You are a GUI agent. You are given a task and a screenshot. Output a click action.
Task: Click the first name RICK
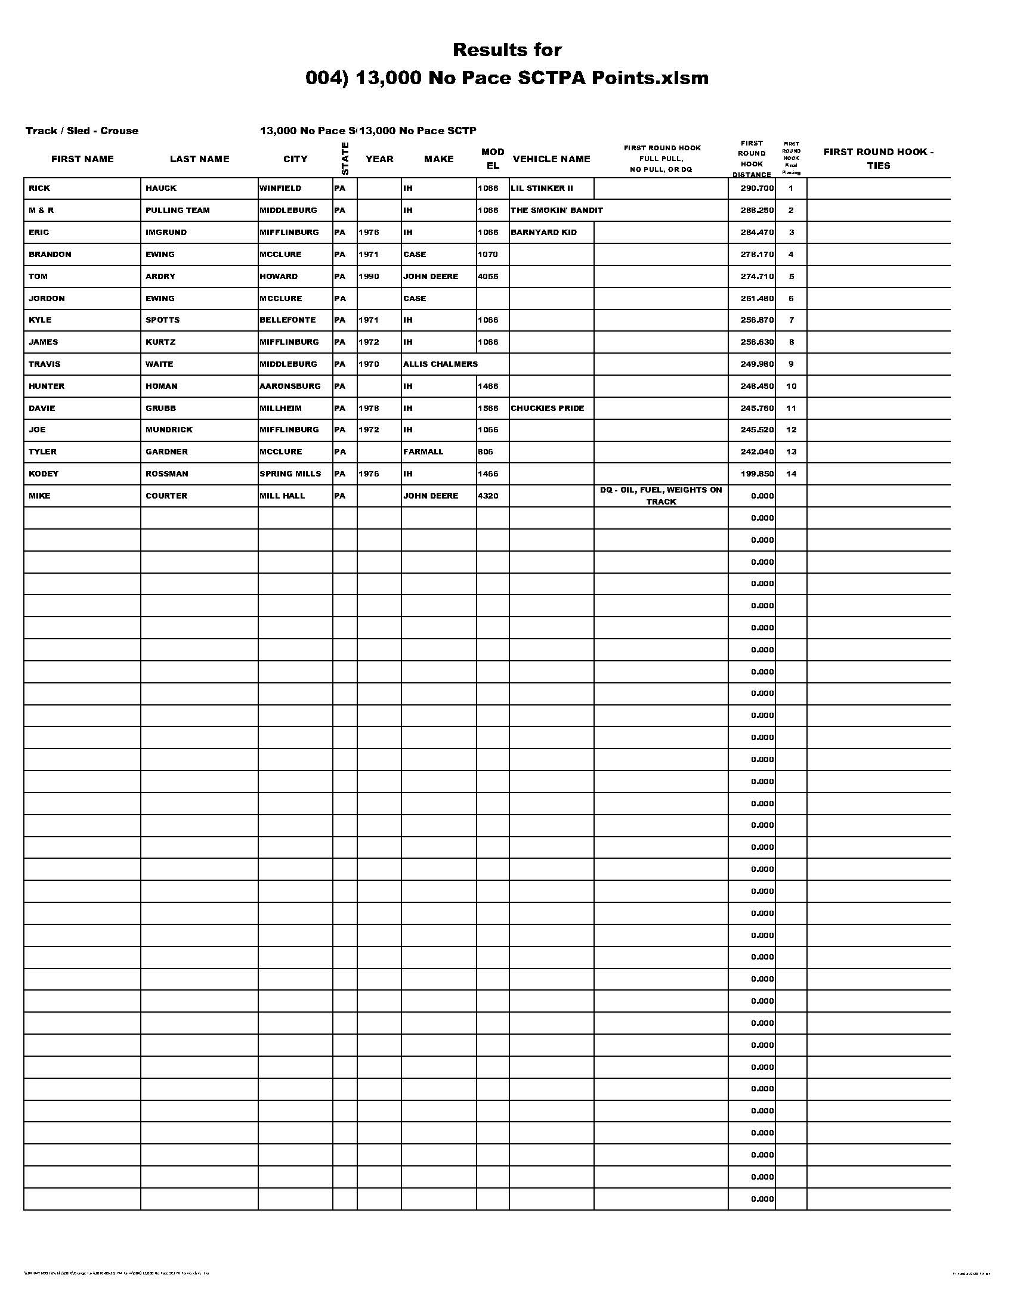point(39,188)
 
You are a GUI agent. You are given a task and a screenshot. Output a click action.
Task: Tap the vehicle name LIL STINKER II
point(541,188)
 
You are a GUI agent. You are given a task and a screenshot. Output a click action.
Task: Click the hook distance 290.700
point(757,188)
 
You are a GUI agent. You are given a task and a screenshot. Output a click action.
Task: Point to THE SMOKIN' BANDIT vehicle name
point(557,211)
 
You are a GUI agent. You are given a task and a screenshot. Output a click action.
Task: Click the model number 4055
point(489,276)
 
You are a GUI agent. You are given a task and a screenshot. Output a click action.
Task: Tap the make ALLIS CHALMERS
point(440,364)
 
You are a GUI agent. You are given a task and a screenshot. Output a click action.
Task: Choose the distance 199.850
point(757,474)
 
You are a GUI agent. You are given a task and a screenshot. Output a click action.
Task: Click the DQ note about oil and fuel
point(661,496)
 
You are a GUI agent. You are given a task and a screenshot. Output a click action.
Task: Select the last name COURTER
point(166,496)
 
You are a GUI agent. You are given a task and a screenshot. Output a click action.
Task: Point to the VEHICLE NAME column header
point(552,159)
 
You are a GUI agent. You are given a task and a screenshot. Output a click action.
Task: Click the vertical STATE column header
point(345,158)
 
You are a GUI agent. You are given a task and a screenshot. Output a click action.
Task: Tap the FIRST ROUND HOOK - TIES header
point(878,159)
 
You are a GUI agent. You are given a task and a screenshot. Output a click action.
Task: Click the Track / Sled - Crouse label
point(82,131)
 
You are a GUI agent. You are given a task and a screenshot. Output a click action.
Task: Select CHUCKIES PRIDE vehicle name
point(546,409)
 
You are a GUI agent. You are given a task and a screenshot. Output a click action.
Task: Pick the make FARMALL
point(423,452)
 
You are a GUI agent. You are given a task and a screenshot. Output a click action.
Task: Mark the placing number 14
point(791,474)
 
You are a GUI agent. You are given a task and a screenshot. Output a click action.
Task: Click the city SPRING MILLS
point(290,474)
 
